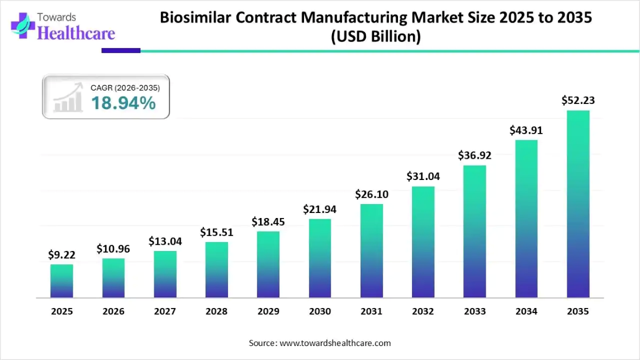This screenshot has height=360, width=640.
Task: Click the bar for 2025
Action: (61, 281)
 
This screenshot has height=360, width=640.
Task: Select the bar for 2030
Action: (320, 258)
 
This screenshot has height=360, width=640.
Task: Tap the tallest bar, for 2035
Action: (578, 204)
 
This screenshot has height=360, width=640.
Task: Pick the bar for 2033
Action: (475, 231)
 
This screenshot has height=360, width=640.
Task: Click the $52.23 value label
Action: (578, 101)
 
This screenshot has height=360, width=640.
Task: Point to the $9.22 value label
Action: (61, 254)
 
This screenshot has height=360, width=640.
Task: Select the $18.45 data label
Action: (268, 221)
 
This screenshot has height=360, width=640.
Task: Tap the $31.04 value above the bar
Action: (423, 176)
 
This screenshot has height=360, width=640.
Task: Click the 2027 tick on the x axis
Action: (165, 312)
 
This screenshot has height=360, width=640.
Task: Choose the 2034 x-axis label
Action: (526, 312)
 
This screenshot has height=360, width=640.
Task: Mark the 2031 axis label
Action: (371, 312)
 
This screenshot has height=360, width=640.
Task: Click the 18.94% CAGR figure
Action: (123, 103)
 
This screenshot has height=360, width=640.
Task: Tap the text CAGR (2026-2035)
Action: (125, 88)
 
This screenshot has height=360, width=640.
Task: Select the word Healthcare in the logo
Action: (76, 33)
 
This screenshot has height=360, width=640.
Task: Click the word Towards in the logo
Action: (57, 18)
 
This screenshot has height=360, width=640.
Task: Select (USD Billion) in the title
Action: (376, 37)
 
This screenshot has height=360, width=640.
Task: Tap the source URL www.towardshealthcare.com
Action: (335, 343)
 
